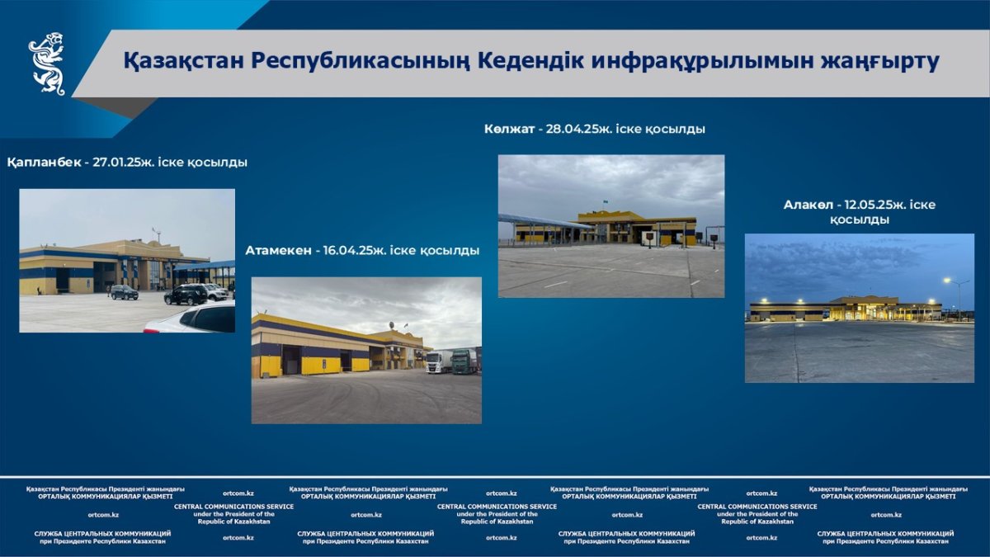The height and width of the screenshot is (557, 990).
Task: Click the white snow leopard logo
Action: [47, 64]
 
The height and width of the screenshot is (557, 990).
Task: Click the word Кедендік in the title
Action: [530, 60]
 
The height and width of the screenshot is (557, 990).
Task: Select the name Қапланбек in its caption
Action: [44, 163]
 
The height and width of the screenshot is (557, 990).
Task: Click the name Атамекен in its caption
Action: [279, 251]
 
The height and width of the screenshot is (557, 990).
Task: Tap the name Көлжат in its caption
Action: [509, 129]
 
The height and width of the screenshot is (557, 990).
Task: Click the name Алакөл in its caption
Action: [808, 205]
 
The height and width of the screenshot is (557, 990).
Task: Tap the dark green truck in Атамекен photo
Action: [464, 362]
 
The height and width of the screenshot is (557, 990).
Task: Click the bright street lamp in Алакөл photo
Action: [947, 281]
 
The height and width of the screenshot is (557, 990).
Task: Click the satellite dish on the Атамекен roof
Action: [392, 325]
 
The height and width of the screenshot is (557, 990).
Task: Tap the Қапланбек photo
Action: [127, 261]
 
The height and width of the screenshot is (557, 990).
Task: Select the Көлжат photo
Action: [611, 226]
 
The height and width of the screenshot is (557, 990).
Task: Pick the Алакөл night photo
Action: [860, 308]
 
